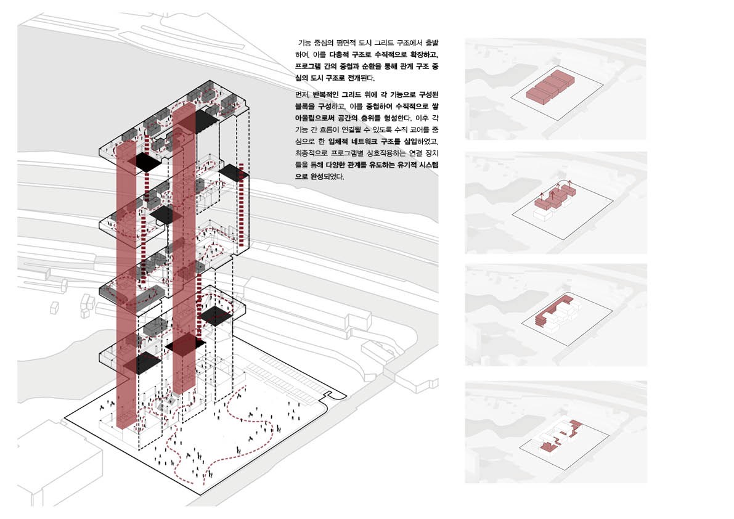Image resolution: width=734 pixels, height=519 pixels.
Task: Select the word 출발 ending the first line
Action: (x=432, y=43)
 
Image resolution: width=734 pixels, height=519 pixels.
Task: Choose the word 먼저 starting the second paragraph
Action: (x=303, y=94)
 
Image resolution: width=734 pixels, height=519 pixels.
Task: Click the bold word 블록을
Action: (x=304, y=106)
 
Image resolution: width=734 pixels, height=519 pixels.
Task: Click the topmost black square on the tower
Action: (x=200, y=120)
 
